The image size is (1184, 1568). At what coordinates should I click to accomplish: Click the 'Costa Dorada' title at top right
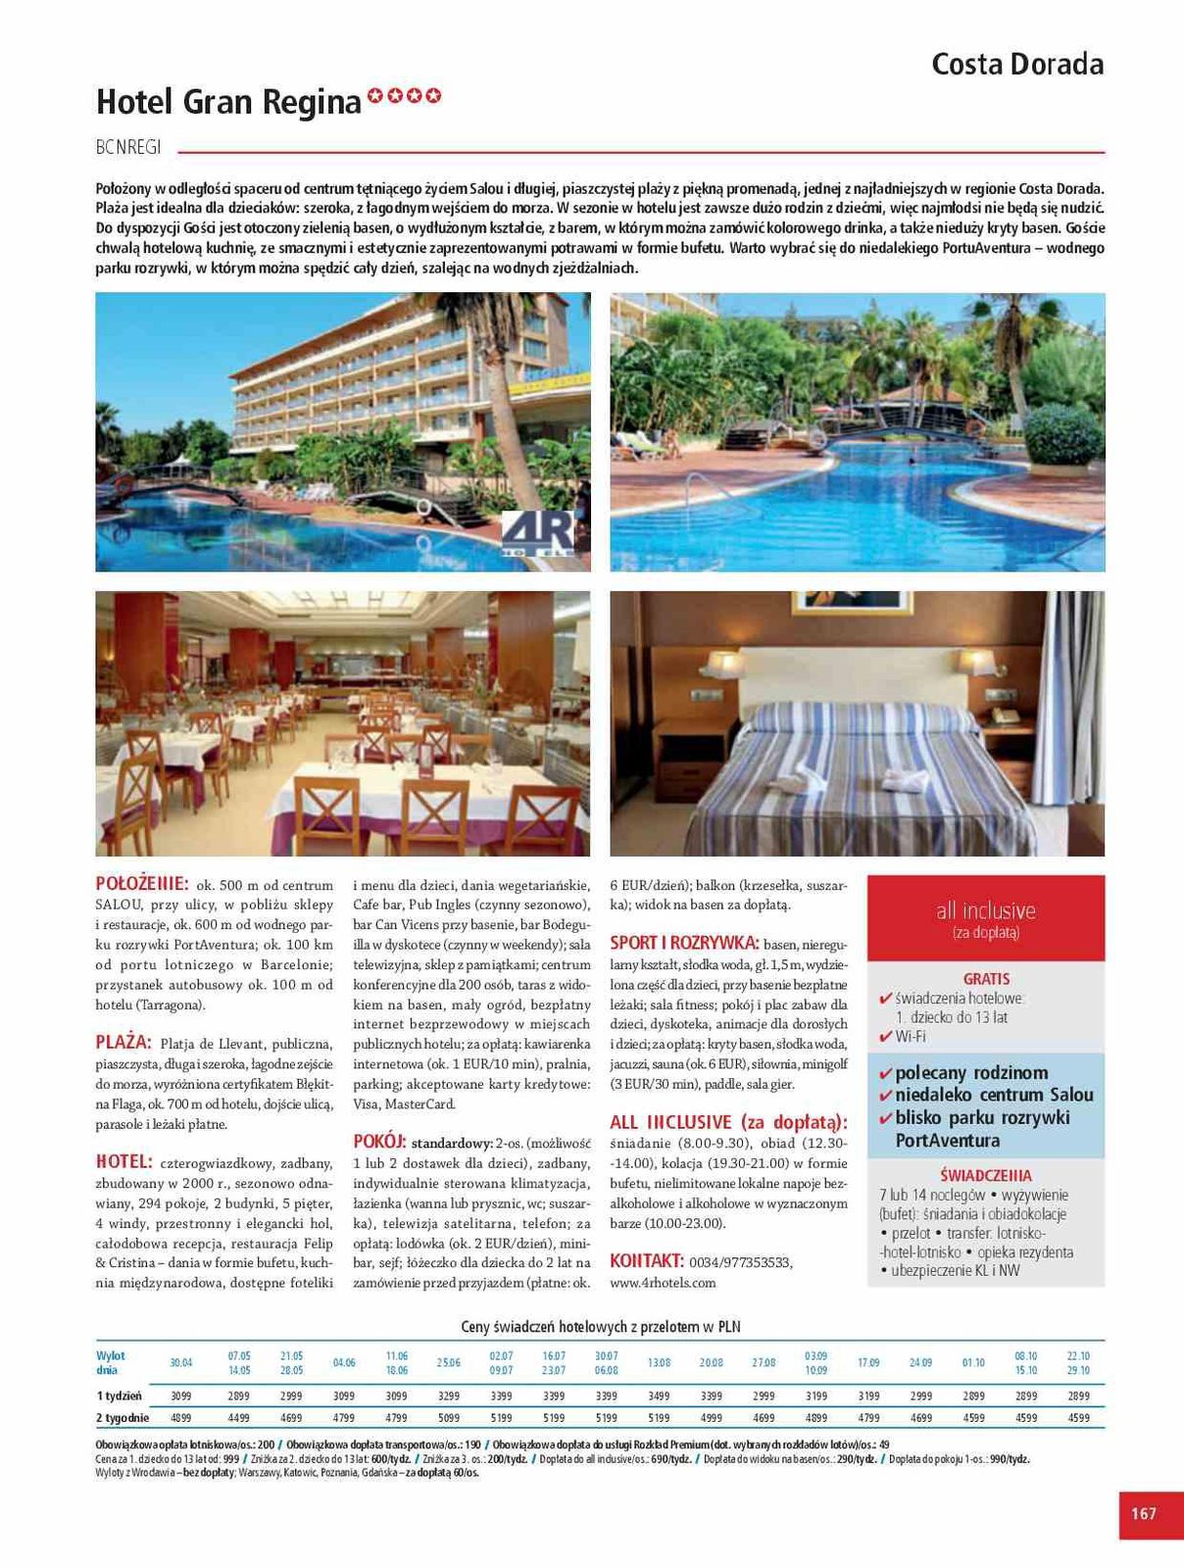(x=1016, y=65)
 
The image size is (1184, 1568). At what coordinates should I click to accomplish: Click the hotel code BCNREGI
(x=128, y=149)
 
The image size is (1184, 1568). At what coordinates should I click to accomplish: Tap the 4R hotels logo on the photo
(x=537, y=536)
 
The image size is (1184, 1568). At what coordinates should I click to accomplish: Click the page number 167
(x=1143, y=1513)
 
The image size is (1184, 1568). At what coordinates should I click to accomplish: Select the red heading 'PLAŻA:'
(x=123, y=1042)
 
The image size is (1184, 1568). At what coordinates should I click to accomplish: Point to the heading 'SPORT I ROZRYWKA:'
(x=684, y=943)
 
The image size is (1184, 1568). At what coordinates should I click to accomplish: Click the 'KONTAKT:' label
(x=646, y=1260)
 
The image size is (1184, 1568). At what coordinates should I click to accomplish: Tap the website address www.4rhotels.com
(x=663, y=1282)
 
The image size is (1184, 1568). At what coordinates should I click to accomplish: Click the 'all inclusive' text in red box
(x=985, y=910)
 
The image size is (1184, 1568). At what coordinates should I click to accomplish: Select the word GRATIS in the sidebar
(x=986, y=979)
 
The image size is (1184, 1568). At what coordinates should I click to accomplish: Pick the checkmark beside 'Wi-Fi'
(x=885, y=1037)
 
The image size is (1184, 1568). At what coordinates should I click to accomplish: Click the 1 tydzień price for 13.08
(x=659, y=1396)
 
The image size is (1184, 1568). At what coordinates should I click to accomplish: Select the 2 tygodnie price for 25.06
(x=448, y=1417)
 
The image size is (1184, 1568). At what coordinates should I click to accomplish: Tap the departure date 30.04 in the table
(x=180, y=1362)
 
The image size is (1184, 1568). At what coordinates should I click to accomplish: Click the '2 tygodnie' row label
(x=123, y=1417)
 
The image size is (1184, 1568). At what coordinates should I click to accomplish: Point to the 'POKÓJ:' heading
(x=379, y=1142)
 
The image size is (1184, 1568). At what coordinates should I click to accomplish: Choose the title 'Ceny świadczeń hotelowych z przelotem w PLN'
(x=600, y=1327)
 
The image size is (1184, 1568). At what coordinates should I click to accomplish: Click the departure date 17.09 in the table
(x=868, y=1362)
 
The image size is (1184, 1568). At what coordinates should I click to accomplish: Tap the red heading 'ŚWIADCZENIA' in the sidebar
(x=985, y=1175)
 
